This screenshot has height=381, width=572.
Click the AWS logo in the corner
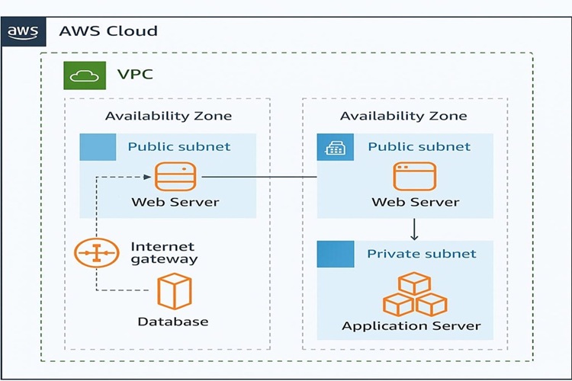point(24,32)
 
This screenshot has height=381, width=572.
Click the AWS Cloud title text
point(108,31)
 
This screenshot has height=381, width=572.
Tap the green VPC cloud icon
point(85,75)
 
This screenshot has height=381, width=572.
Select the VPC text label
point(135,75)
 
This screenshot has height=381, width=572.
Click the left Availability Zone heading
point(169,116)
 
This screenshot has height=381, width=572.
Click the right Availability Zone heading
point(403,116)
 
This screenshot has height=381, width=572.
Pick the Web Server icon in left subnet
point(175,177)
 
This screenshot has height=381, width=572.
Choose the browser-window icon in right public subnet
point(415,177)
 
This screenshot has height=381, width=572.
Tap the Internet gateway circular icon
point(97,253)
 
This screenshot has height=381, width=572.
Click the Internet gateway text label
point(164,253)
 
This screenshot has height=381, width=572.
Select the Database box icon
point(175,291)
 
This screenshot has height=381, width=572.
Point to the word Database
point(173,322)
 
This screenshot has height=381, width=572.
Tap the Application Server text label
point(412,325)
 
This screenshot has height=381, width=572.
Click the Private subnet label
point(422,254)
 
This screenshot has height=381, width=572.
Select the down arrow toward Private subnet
point(414,229)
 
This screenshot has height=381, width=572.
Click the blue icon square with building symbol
point(336,147)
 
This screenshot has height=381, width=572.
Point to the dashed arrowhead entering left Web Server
point(147,178)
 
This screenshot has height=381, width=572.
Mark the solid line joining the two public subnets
point(259,177)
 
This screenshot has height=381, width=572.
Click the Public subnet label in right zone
point(419,146)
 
